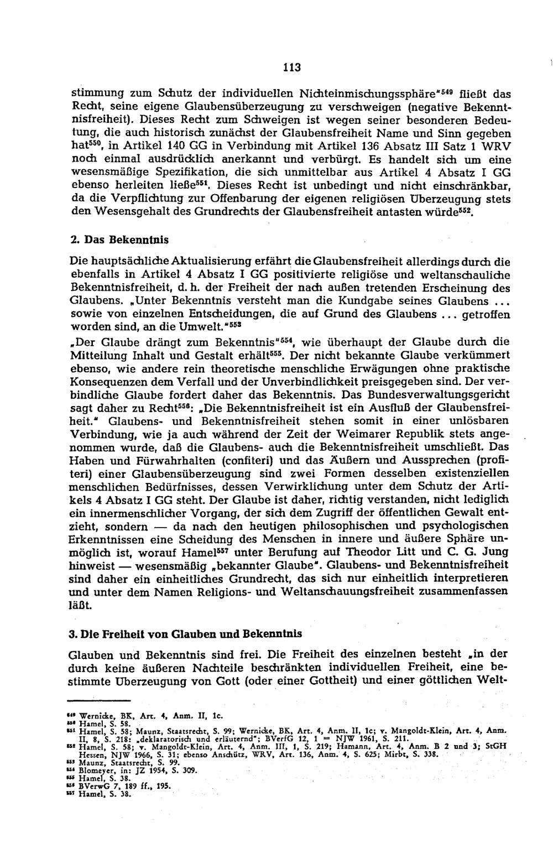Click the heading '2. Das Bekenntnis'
(x=119, y=240)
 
